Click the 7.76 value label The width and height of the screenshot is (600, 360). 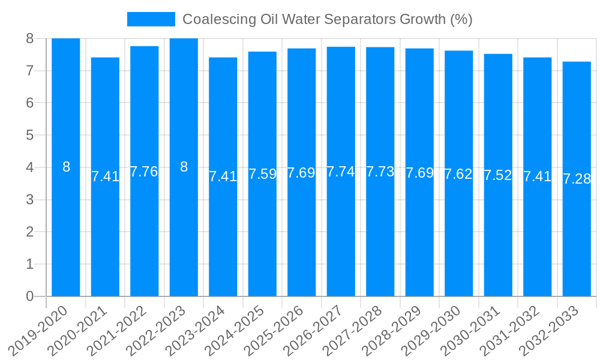click(x=144, y=172)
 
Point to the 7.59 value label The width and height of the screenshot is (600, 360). click(x=262, y=174)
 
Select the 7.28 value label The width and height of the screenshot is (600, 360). click(x=577, y=179)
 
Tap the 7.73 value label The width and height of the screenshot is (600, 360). click(x=380, y=172)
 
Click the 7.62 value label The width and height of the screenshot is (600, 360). click(x=458, y=174)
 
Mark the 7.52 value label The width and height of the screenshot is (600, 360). click(x=498, y=175)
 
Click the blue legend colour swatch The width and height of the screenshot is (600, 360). click(x=151, y=19)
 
